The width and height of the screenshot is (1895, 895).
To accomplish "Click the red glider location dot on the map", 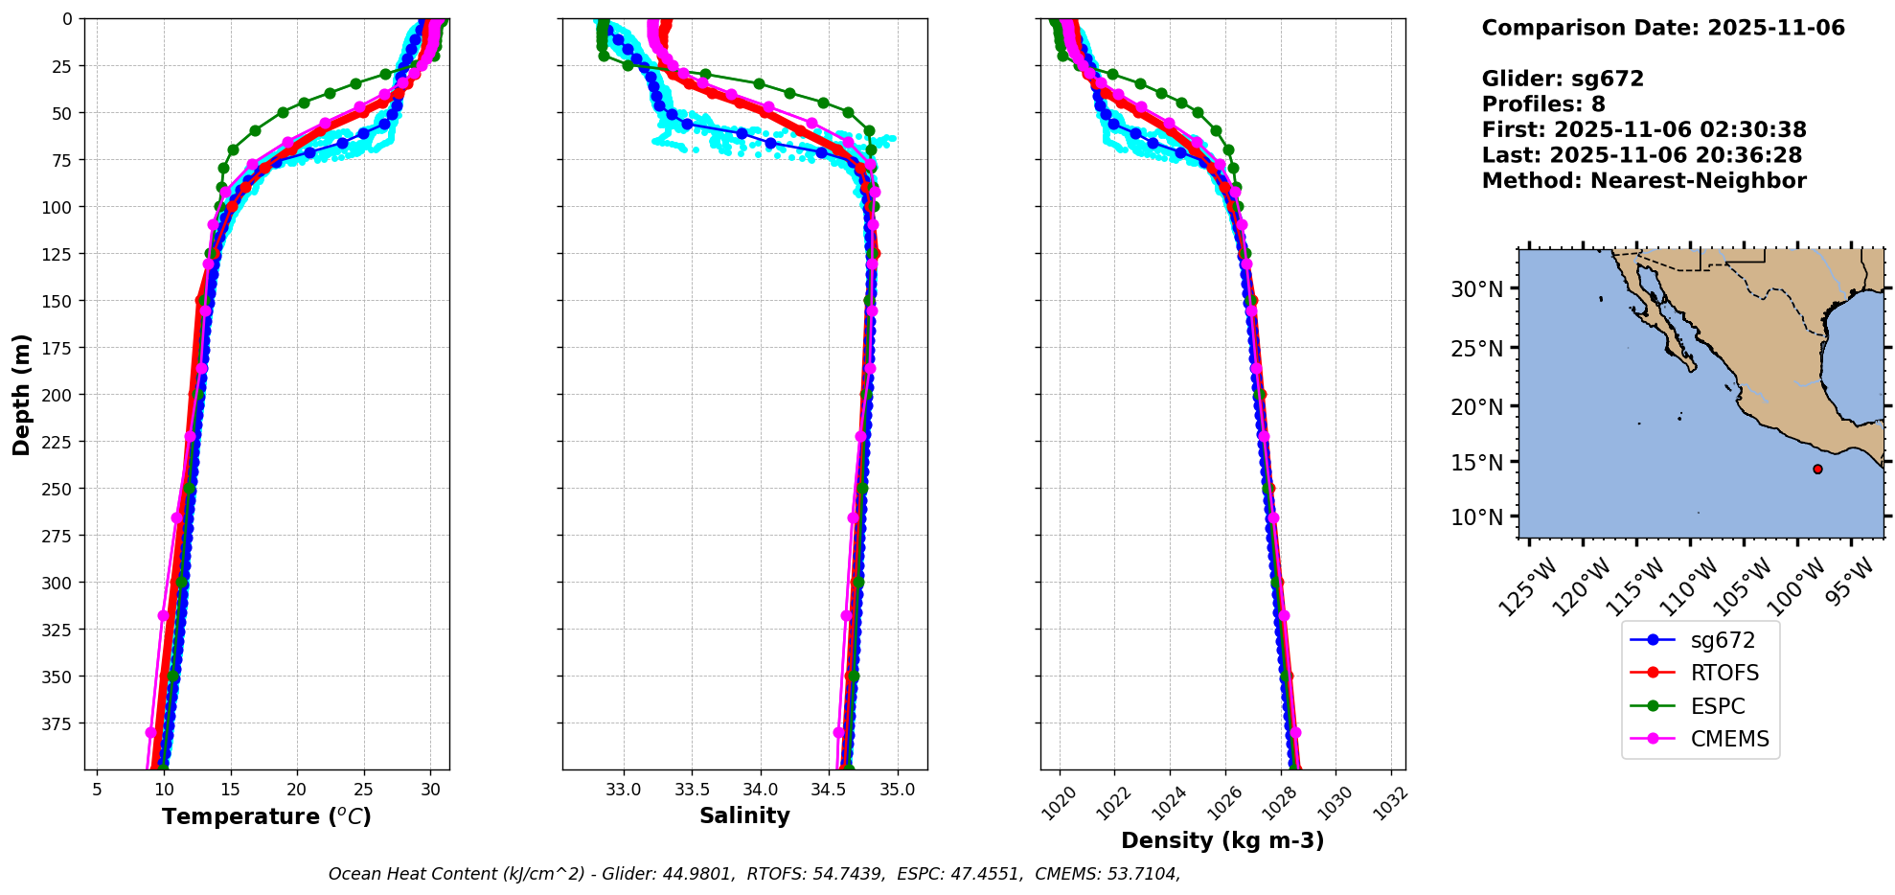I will coord(1817,469).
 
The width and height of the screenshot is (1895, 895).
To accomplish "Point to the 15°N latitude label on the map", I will coord(1477,463).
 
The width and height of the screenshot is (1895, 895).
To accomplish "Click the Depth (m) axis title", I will coord(22,394).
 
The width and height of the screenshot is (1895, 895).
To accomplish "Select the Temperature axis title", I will coord(266,816).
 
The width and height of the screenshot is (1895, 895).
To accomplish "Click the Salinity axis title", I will coord(744,815).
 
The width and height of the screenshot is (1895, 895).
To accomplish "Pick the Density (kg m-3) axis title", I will coord(1222,840).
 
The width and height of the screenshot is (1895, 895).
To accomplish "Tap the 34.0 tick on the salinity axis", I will coord(761,790).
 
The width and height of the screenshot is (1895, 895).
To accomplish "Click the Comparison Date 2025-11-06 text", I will coord(1663,28).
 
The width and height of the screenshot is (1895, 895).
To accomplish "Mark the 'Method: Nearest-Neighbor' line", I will coord(1644,181).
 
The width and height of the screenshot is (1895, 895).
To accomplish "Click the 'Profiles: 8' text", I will coord(1543,104).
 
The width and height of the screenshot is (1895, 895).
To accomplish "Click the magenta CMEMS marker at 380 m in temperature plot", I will coord(150,732).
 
